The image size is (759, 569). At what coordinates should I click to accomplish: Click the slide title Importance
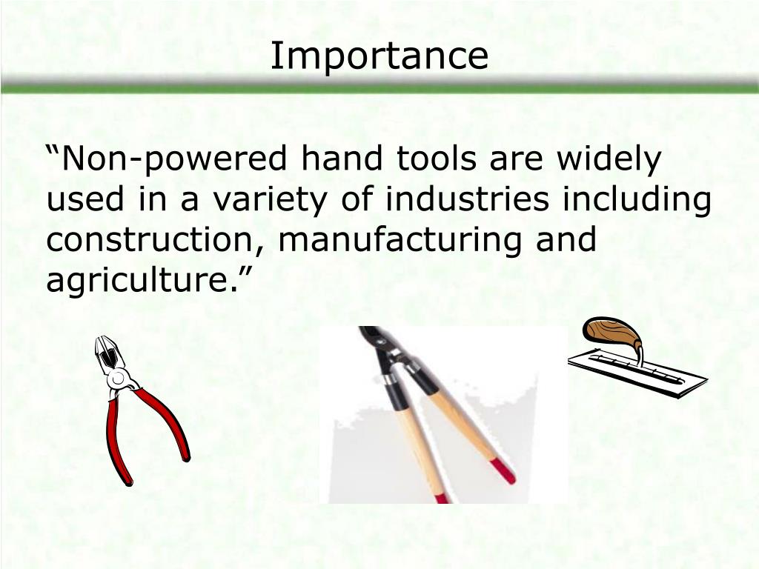[x=379, y=56]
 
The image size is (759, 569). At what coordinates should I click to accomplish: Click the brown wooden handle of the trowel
[x=612, y=335]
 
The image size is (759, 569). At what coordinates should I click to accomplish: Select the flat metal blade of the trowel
[x=637, y=373]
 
